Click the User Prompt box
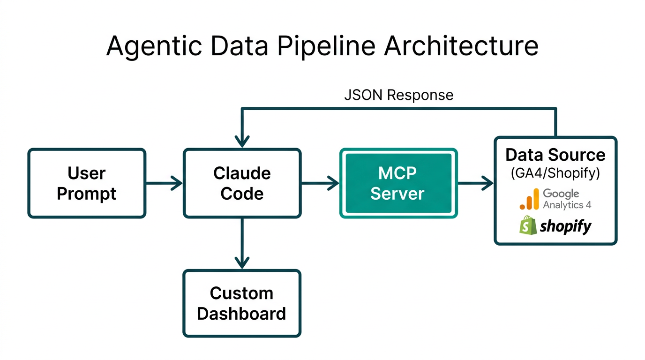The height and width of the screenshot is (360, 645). (87, 183)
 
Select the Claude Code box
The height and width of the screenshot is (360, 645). (242, 183)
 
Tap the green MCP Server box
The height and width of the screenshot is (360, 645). (398, 183)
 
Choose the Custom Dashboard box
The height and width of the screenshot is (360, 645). (242, 303)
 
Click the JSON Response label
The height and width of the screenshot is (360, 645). (398, 95)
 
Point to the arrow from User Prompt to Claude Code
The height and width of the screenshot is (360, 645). (164, 183)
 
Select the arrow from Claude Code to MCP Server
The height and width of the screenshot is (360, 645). (320, 183)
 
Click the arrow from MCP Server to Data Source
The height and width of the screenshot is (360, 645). (476, 183)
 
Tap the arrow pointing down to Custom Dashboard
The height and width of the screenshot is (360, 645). (242, 244)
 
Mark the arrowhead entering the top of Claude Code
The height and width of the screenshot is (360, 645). (242, 140)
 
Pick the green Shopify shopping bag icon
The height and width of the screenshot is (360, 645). (527, 225)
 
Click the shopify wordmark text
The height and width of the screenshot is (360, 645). (565, 226)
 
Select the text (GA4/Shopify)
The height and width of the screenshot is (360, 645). (555, 173)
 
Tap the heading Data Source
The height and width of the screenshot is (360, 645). (555, 155)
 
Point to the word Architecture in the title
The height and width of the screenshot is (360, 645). (461, 46)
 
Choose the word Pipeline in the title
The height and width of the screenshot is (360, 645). (323, 46)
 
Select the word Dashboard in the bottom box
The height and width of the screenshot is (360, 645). (241, 313)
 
